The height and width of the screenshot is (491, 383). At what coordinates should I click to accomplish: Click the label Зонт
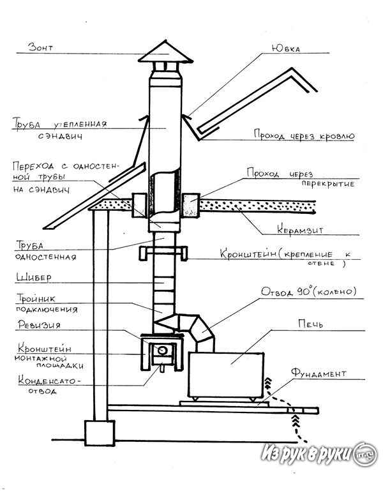pyautogui.click(x=40, y=47)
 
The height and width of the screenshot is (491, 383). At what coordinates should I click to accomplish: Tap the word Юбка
pyautogui.click(x=285, y=49)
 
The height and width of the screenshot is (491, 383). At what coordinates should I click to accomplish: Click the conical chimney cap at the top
pyautogui.click(x=166, y=52)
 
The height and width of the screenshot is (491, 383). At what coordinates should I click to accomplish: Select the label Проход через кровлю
pyautogui.click(x=304, y=135)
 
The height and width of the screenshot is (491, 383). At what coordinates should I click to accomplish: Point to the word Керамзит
pyautogui.click(x=300, y=229)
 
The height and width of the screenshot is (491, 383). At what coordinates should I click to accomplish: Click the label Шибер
pyautogui.click(x=34, y=278)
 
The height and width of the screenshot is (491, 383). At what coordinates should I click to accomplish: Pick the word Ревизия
pyautogui.click(x=39, y=325)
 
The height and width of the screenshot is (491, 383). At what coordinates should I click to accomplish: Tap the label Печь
pyautogui.click(x=310, y=324)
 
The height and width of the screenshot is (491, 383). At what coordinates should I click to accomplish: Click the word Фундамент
pyautogui.click(x=319, y=374)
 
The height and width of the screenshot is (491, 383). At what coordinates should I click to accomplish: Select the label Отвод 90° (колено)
pyautogui.click(x=309, y=292)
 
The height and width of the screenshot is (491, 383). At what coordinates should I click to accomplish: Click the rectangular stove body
pyautogui.click(x=226, y=375)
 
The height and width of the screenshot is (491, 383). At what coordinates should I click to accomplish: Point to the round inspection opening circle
pyautogui.click(x=162, y=350)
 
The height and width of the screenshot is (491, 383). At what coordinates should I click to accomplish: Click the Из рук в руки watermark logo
pyautogui.click(x=319, y=454)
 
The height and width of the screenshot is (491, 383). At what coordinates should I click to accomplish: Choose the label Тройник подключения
pyautogui.click(x=47, y=304)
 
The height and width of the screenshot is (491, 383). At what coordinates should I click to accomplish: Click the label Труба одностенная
pyautogui.click(x=46, y=251)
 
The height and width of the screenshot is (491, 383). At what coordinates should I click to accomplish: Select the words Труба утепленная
pyautogui.click(x=59, y=124)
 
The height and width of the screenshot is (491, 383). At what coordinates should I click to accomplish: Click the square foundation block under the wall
pyautogui.click(x=100, y=433)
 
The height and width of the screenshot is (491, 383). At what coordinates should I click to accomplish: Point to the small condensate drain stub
pyautogui.click(x=162, y=368)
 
